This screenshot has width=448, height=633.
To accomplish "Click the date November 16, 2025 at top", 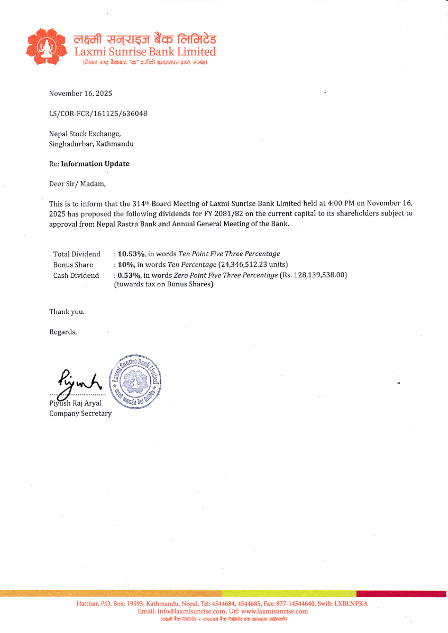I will [80, 94].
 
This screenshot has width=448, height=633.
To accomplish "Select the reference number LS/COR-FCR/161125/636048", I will [98, 113].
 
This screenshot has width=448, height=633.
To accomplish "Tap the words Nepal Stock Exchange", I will [85, 134].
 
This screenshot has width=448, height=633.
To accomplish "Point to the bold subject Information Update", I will [95, 164].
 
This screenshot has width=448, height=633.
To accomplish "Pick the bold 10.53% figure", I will [131, 254].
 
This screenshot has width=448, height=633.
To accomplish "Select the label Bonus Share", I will [73, 265].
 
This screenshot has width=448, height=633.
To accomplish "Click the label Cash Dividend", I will [76, 275].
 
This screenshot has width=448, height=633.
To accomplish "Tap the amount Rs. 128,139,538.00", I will [313, 275].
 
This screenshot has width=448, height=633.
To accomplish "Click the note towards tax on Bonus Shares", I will [163, 285].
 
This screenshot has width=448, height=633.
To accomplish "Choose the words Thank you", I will [67, 311].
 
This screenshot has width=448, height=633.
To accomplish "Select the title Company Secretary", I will [80, 413].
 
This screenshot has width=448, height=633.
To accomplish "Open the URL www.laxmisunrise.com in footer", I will [274, 611].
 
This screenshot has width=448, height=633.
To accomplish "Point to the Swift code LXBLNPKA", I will [351, 604].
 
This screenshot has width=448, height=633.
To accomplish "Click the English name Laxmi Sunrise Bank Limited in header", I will [145, 52].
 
